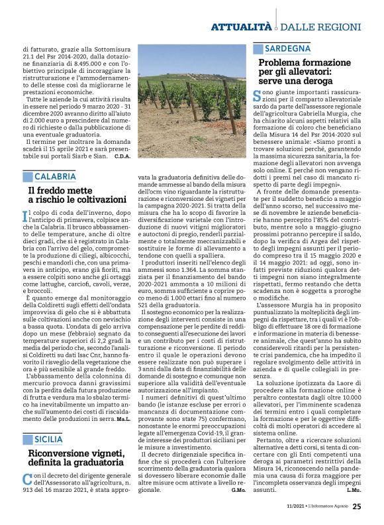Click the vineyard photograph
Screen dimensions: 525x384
coord(191,101)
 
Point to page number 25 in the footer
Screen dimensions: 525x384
coord(357,506)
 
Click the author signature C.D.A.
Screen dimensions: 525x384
coord(122,156)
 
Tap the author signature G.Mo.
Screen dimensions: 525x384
coord(238,490)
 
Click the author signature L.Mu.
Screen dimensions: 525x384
coord(354,490)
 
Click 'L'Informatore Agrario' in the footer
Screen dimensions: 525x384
coord(324,507)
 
